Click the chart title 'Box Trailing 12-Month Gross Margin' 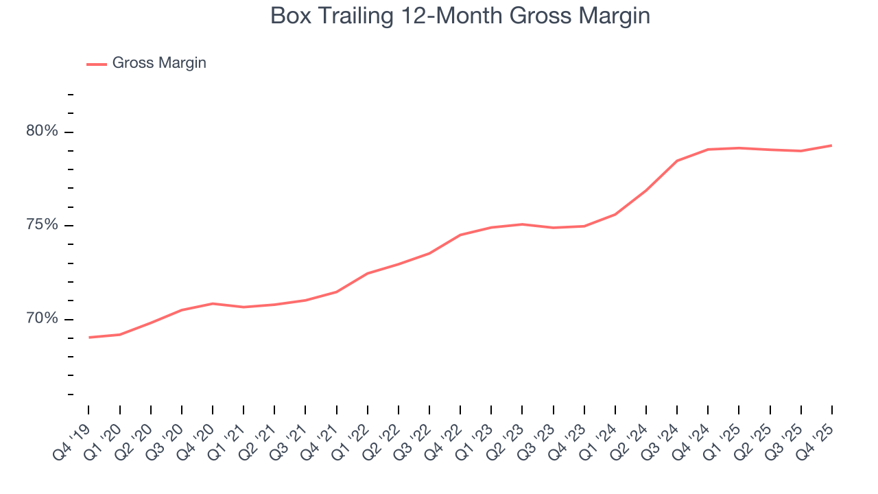(x=460, y=15)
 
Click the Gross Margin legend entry (x=158, y=63)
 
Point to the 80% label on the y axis (x=43, y=131)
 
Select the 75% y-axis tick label (x=43, y=225)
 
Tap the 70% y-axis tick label (x=43, y=319)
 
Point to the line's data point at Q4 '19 (x=89, y=338)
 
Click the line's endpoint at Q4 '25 (x=831, y=145)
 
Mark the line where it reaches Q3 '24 (x=677, y=161)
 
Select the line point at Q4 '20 (x=213, y=303)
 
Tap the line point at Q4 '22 (x=460, y=235)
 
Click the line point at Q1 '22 (x=368, y=274)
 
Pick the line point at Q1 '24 (x=615, y=215)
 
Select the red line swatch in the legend (x=97, y=64)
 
